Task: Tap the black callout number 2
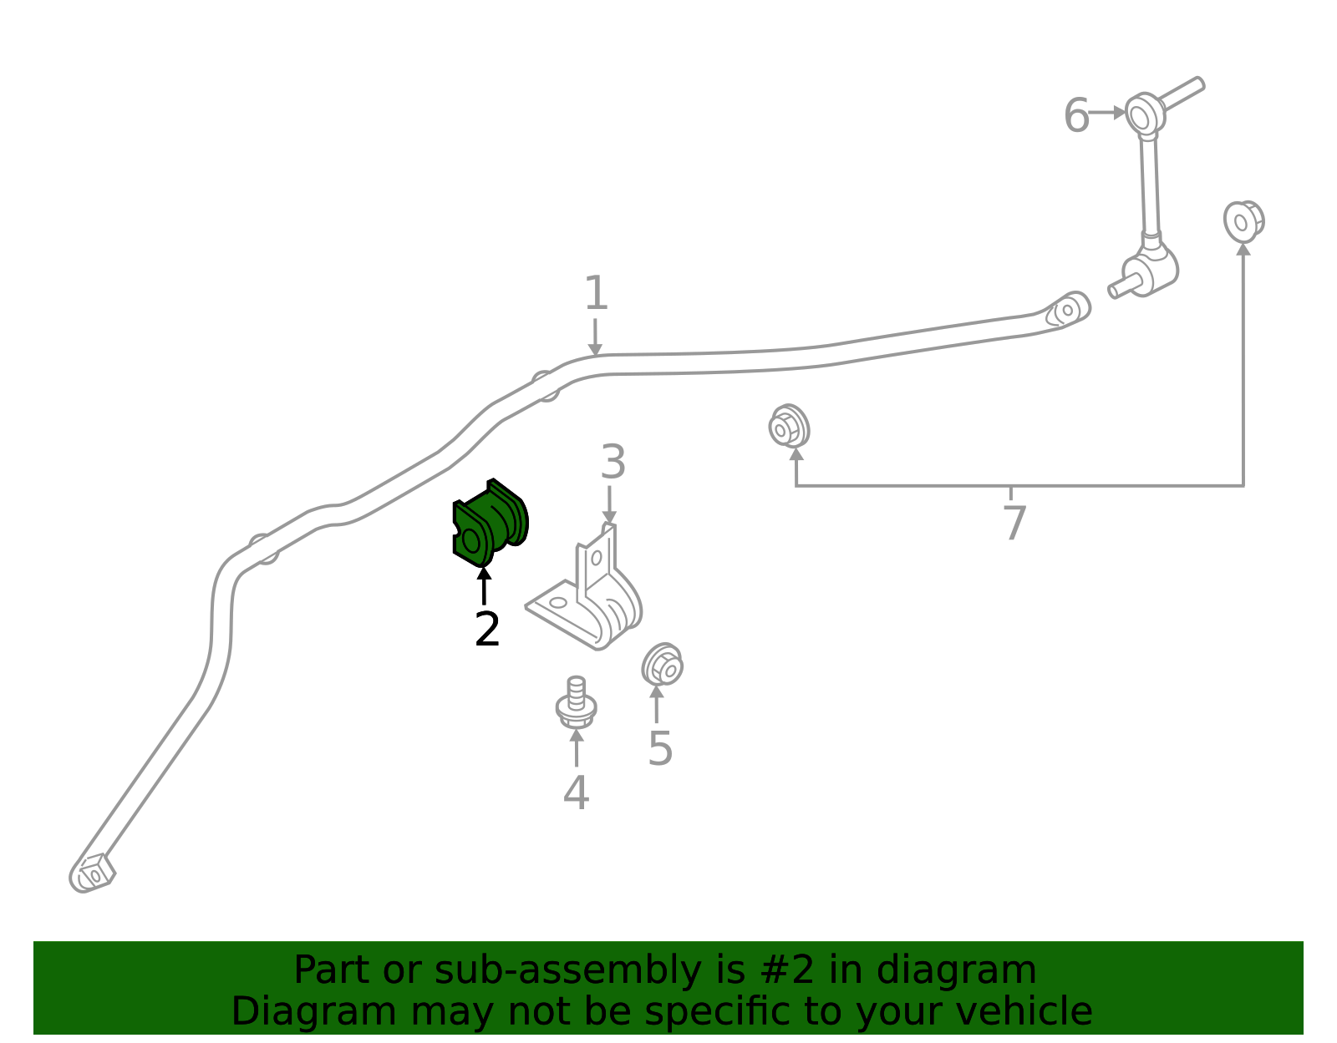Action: click(486, 629)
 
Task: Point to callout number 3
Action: click(613, 462)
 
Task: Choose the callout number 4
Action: click(576, 792)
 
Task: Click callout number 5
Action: click(660, 748)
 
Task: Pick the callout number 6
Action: click(1076, 115)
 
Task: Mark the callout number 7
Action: click(1014, 523)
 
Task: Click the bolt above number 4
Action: click(576, 702)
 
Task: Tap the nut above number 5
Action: click(662, 665)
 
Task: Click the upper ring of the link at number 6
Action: click(1145, 114)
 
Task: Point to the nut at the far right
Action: click(1243, 221)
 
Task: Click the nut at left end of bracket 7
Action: click(789, 426)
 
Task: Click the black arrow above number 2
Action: click(484, 586)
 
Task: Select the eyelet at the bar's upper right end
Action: click(1070, 311)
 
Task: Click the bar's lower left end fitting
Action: click(92, 873)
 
